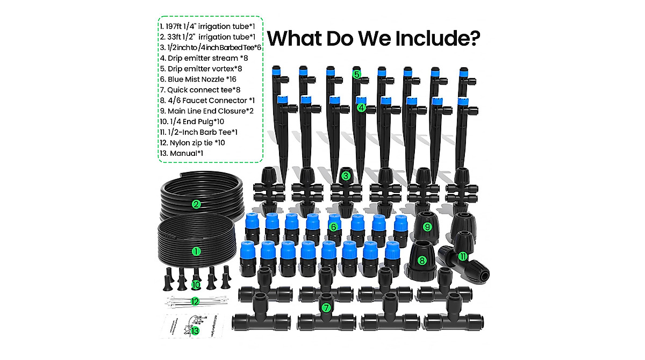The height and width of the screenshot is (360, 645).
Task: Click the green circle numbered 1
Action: [x=196, y=251]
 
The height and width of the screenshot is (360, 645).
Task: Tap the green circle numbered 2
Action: [x=196, y=204]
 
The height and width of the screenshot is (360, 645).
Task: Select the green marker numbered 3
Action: [x=346, y=176]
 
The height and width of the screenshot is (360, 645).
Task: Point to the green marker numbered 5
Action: [x=356, y=74]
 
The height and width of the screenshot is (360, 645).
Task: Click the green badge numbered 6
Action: [x=333, y=227]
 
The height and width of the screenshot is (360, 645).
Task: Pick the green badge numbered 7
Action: [x=326, y=308]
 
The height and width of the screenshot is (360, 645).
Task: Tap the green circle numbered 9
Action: [x=428, y=227]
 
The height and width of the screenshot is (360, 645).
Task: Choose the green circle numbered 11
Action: [x=463, y=257]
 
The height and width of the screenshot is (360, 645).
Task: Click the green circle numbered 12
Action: [x=195, y=302]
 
